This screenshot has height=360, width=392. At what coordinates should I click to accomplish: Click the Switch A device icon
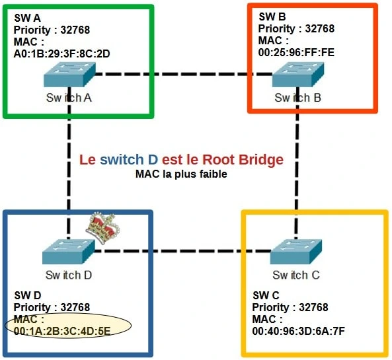point(68,75)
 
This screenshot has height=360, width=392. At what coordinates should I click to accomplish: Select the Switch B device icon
point(297,75)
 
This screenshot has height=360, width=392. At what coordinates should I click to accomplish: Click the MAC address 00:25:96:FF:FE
point(296,53)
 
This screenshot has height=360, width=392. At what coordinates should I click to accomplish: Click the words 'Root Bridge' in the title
point(243,160)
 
